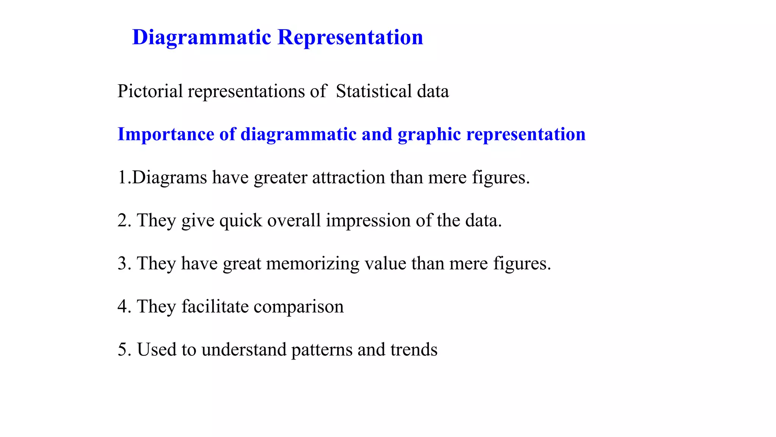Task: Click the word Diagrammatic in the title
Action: point(202,38)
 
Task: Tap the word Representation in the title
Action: point(350,38)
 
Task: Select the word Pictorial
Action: point(150,91)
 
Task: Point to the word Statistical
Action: point(374,91)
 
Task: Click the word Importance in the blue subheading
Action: point(166,134)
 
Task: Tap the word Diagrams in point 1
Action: point(169,178)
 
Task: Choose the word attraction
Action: point(349,178)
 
